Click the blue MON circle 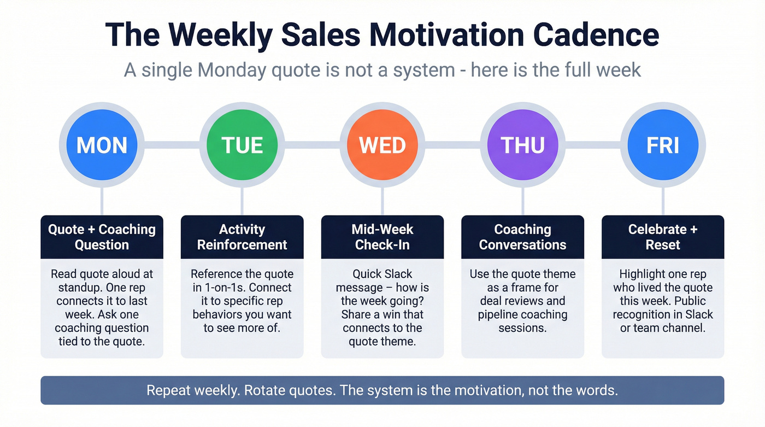click(x=102, y=145)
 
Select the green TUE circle click(x=242, y=145)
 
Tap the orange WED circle click(x=382, y=145)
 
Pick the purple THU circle click(x=522, y=145)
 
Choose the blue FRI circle click(x=663, y=145)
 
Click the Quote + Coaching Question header click(x=102, y=237)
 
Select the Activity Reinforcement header click(x=242, y=237)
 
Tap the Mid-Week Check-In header click(x=382, y=237)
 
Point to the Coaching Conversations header click(x=522, y=237)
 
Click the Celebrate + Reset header click(x=663, y=237)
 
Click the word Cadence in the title click(x=596, y=35)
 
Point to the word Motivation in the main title click(x=447, y=35)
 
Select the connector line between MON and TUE click(x=172, y=145)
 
